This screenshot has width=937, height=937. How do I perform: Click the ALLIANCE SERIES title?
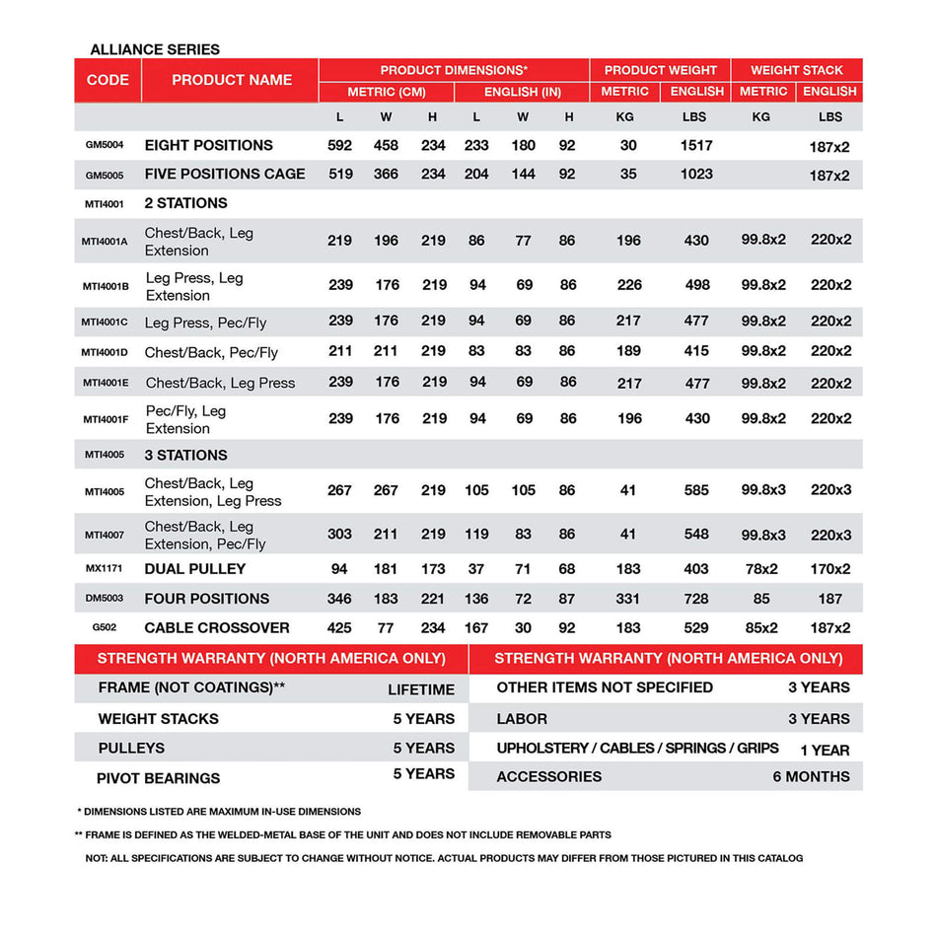coord(155,49)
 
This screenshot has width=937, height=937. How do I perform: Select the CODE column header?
coord(108,80)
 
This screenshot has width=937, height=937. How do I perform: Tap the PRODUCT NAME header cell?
coord(232,80)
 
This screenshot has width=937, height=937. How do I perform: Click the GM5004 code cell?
coord(105,145)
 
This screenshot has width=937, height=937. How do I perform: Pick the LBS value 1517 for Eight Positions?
coord(696,145)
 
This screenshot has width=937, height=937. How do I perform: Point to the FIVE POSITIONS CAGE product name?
coord(225,174)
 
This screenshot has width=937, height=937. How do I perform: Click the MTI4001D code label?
coord(105,352)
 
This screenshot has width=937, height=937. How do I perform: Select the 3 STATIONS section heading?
coord(185,455)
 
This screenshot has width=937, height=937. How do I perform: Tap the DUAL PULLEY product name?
coord(195,569)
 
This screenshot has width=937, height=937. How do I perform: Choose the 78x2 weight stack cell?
coord(760,569)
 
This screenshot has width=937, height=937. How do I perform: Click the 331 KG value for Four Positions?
coord(628,599)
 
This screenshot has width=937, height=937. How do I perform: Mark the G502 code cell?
coord(105,627)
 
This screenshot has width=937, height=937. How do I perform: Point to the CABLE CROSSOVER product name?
coord(217,627)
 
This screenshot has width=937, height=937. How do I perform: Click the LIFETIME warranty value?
coord(421,689)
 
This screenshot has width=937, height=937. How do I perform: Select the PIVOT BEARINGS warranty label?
coord(158,778)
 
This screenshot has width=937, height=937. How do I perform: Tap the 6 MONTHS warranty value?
coord(811,777)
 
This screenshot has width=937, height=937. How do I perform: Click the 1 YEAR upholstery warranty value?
coord(825,750)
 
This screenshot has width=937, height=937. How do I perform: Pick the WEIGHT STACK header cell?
coord(797,70)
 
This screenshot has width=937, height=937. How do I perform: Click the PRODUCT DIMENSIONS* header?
coord(454,70)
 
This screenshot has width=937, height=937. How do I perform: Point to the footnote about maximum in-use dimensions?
coord(219,812)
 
